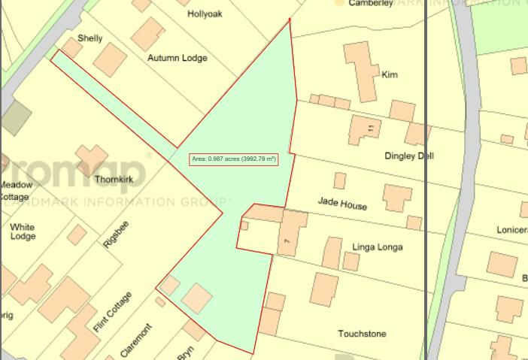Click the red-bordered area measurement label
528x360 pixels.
click(234, 159)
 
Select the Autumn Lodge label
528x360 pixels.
click(178, 58)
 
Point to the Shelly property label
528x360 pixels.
click(90, 38)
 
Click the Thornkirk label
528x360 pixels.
click(114, 180)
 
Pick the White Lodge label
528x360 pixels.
click(23, 231)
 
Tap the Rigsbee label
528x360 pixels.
click(117, 234)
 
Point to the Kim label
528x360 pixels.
click(390, 75)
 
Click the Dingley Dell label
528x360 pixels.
click(409, 156)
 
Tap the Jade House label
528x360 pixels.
click(342, 203)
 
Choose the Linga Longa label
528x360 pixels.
click(378, 247)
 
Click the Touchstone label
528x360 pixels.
click(362, 334)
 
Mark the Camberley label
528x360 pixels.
click(371, 4)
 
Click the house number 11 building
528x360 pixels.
click(365, 130)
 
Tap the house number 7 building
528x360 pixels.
click(293, 232)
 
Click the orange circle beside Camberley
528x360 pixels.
click(339, 3)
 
